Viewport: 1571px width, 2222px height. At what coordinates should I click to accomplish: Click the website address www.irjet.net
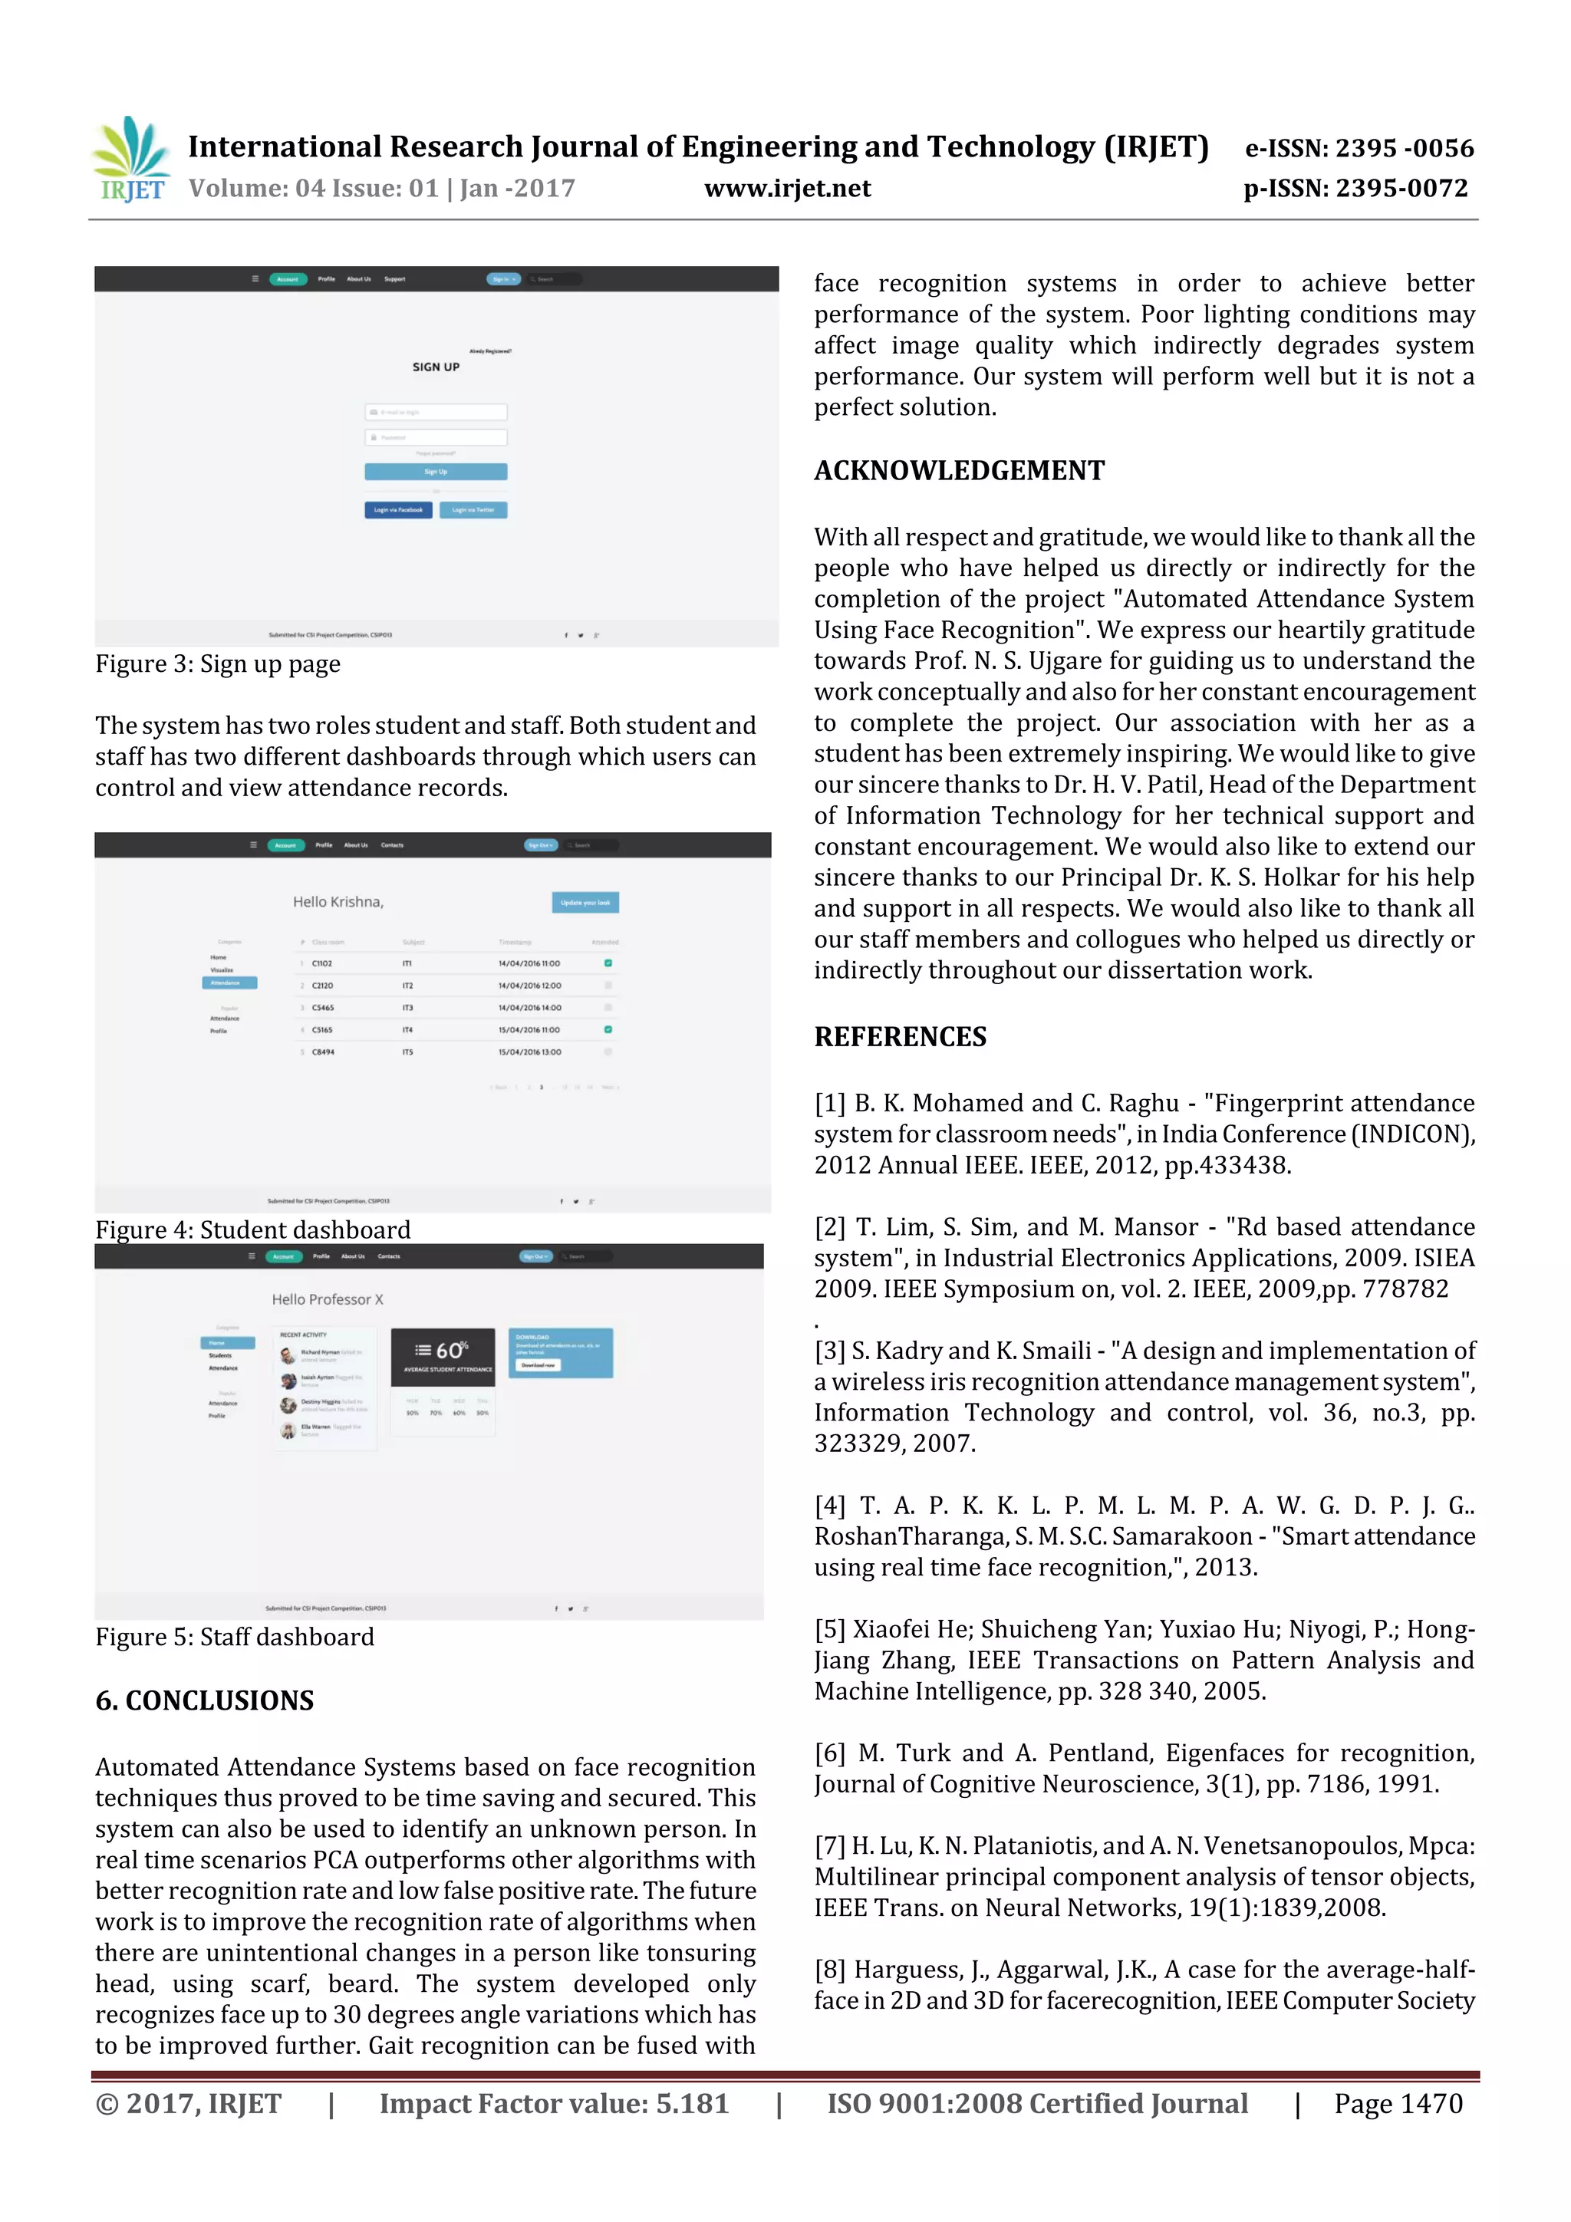click(787, 189)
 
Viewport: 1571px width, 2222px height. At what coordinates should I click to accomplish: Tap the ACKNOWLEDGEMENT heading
click(958, 470)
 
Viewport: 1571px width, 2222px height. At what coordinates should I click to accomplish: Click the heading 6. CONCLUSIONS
click(204, 1700)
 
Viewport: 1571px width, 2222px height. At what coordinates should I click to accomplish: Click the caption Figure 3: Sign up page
click(218, 664)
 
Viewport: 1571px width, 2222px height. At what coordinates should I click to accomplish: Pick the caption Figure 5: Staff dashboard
click(234, 1637)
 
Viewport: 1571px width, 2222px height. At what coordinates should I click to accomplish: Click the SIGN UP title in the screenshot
click(436, 367)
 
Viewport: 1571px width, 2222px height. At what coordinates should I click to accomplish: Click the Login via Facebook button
click(398, 510)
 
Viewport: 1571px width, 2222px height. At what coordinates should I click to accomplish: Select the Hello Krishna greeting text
click(338, 902)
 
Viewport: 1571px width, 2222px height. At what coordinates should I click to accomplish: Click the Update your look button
click(585, 902)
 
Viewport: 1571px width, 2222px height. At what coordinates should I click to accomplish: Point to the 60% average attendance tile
click(443, 1356)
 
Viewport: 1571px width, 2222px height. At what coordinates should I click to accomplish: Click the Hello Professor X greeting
click(328, 1300)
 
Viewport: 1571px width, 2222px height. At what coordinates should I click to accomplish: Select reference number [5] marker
click(829, 1630)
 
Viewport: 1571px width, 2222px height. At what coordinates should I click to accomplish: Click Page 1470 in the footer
click(1398, 2103)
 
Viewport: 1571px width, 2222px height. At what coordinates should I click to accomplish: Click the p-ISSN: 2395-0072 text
click(1355, 189)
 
